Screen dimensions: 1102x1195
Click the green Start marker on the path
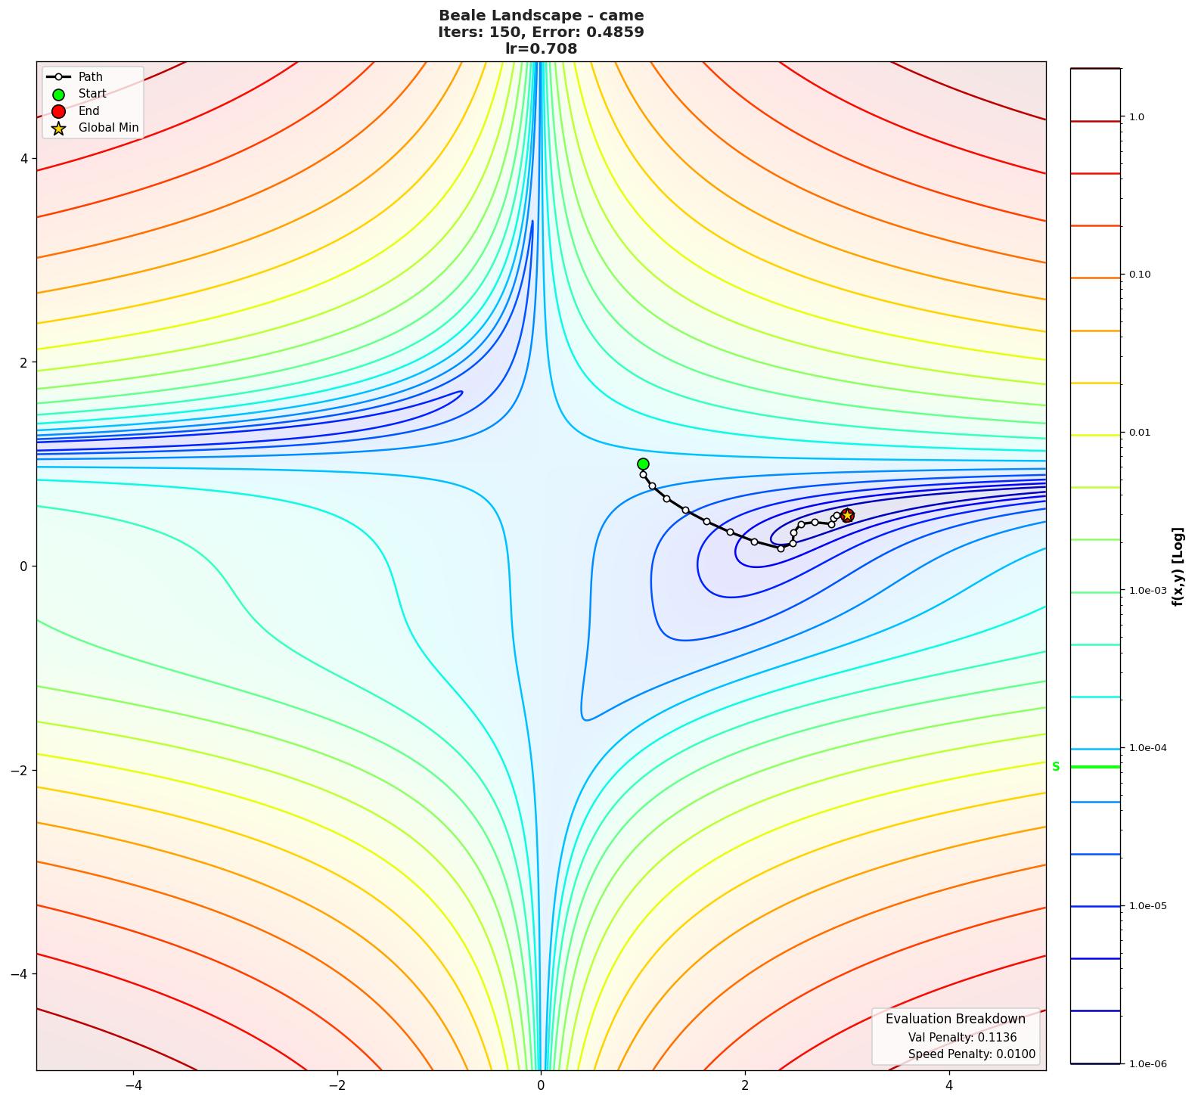click(643, 464)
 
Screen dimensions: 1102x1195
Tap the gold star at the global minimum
click(847, 515)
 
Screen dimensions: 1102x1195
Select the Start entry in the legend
click(92, 94)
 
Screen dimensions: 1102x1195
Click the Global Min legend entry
click(108, 128)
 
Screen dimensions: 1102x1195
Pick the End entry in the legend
click(88, 111)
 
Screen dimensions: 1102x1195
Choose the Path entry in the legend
click(90, 77)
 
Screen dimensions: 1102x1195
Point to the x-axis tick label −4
click(133, 1085)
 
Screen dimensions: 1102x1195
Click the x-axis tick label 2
click(745, 1085)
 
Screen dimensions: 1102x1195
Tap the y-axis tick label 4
click(23, 159)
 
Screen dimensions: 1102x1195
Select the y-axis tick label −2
click(19, 770)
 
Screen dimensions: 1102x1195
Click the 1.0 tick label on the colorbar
click(1136, 117)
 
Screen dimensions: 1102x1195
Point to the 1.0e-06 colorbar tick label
click(1147, 1064)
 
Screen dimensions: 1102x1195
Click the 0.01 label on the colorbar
click(1141, 433)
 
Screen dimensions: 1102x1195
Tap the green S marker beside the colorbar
click(1056, 766)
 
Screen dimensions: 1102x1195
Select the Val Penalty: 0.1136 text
click(961, 1038)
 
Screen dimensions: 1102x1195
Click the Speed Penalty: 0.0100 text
click(971, 1054)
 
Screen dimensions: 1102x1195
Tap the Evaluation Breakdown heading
click(955, 1019)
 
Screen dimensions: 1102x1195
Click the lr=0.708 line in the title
click(541, 49)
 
